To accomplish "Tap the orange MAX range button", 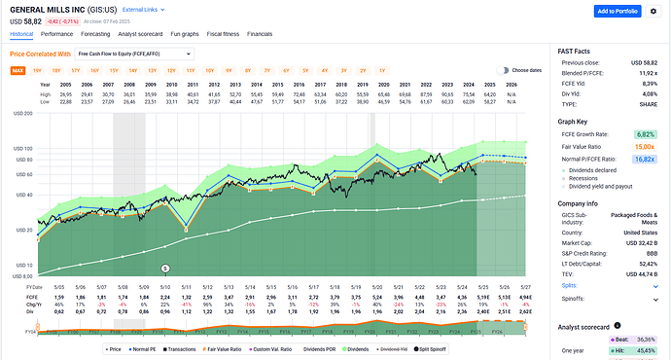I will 18,71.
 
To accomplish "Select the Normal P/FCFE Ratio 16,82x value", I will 644,157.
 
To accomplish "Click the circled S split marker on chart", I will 165,268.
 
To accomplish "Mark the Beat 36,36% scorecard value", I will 644,340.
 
